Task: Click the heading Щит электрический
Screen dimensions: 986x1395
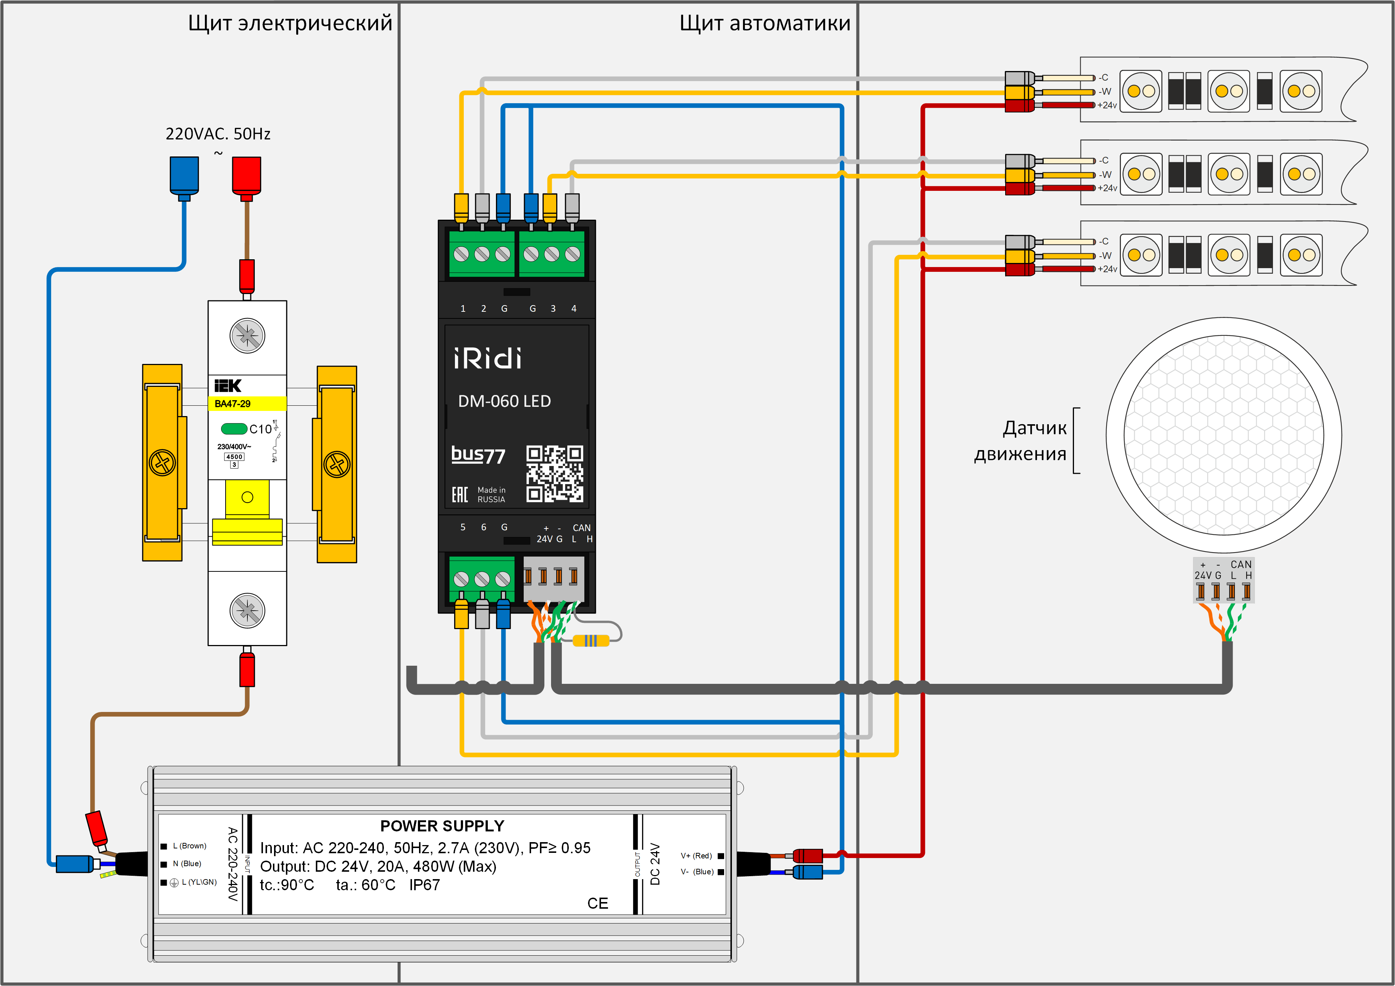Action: click(x=290, y=23)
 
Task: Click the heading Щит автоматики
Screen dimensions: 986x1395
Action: click(x=764, y=23)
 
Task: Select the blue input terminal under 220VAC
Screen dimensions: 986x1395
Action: click(x=184, y=176)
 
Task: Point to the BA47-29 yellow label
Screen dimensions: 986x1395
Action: click(x=247, y=403)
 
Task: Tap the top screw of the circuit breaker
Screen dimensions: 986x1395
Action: click(x=247, y=335)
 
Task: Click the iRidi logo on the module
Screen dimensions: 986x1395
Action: click(x=487, y=358)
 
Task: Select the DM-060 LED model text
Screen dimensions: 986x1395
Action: click(x=504, y=401)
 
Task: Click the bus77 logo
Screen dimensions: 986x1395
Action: click(x=478, y=455)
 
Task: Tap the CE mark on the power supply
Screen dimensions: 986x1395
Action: click(x=597, y=904)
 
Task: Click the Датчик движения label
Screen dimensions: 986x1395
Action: click(x=1021, y=440)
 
